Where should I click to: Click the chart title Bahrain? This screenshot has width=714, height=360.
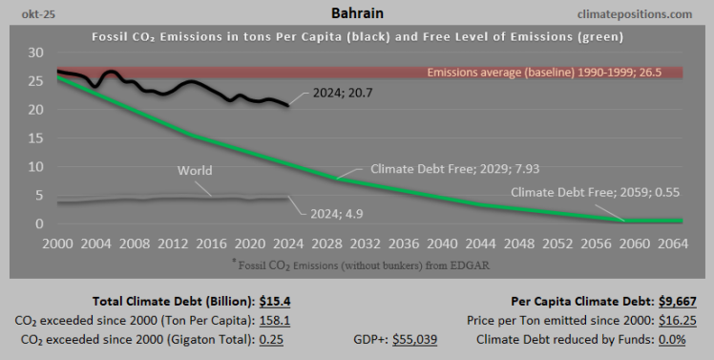click(x=356, y=13)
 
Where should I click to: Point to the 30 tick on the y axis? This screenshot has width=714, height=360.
click(x=36, y=52)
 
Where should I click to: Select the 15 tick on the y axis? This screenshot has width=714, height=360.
click(x=36, y=138)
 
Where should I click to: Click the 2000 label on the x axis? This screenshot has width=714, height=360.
click(x=59, y=243)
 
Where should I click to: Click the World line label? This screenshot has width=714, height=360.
click(x=195, y=171)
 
